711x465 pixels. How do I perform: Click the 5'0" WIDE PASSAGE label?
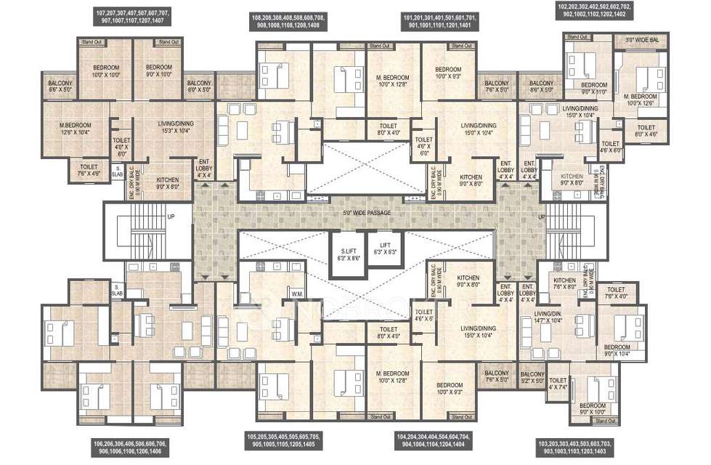click(x=370, y=212)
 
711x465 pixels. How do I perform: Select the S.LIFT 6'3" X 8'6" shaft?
click(x=346, y=254)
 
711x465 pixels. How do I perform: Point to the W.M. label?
click(x=296, y=294)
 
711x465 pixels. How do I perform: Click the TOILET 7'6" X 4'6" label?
click(x=92, y=170)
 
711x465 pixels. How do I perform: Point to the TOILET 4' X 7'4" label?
click(x=558, y=384)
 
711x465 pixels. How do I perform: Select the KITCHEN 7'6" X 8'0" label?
click(x=565, y=283)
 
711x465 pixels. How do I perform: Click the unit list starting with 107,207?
click(x=132, y=18)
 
